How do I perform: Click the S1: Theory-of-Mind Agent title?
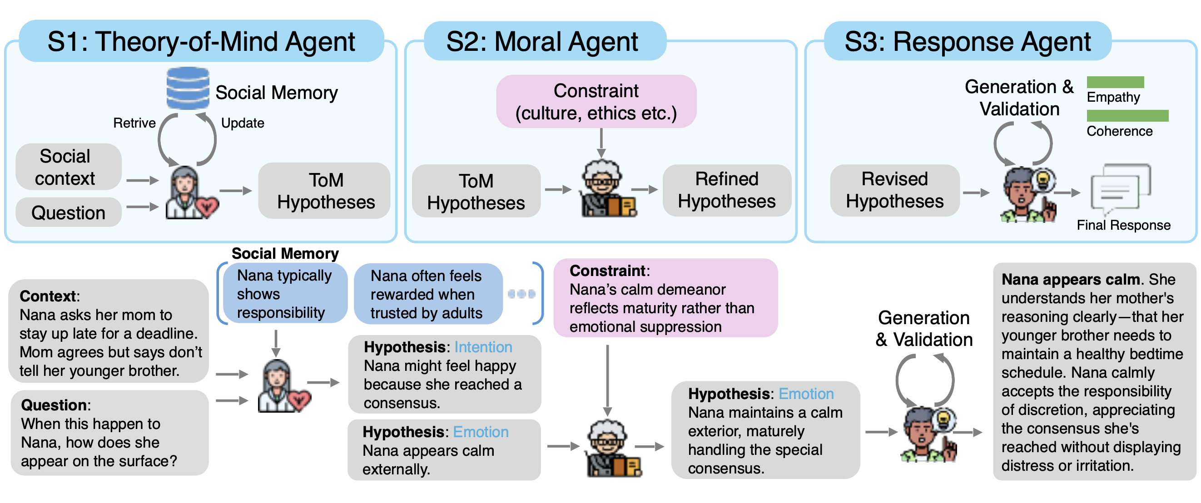tap(201, 41)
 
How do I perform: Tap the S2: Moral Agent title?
tap(542, 41)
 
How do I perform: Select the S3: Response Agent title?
tap(968, 41)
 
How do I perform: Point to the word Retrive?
tap(134, 123)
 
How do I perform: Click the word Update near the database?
tap(243, 123)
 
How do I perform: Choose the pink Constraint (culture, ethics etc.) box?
tap(596, 102)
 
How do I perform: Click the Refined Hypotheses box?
tap(726, 190)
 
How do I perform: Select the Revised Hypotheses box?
tap(894, 190)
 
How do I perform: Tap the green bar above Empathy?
tap(1115, 82)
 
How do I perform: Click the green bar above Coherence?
tap(1127, 115)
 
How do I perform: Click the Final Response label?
tap(1124, 226)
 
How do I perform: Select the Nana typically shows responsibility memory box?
tap(284, 294)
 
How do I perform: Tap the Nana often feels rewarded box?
tap(427, 294)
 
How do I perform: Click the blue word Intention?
tap(483, 347)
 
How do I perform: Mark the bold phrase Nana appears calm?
tap(1071, 280)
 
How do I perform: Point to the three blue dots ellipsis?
tap(521, 294)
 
